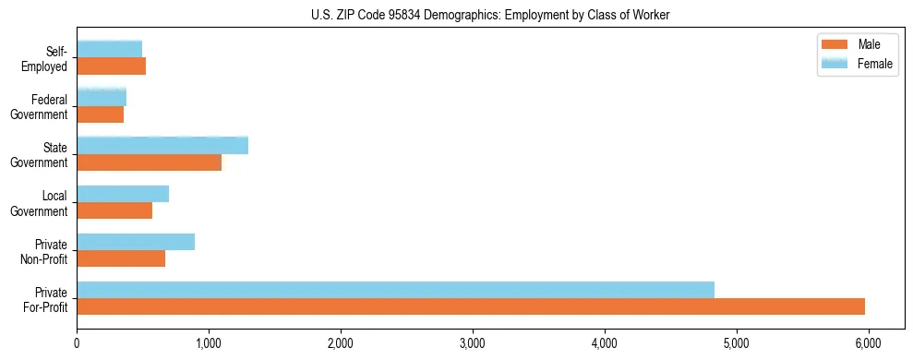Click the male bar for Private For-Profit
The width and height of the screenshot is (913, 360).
click(471, 306)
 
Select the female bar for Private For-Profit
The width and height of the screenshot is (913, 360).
click(395, 290)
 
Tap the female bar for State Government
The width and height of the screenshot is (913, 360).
click(162, 145)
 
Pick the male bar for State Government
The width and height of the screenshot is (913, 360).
click(149, 162)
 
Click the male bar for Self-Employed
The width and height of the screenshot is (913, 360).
click(111, 66)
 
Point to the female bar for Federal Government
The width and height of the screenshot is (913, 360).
click(102, 97)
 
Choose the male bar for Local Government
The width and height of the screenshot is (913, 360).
click(114, 210)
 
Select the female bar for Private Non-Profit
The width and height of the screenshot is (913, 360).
click(136, 242)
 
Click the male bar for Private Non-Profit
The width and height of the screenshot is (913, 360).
click(121, 258)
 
